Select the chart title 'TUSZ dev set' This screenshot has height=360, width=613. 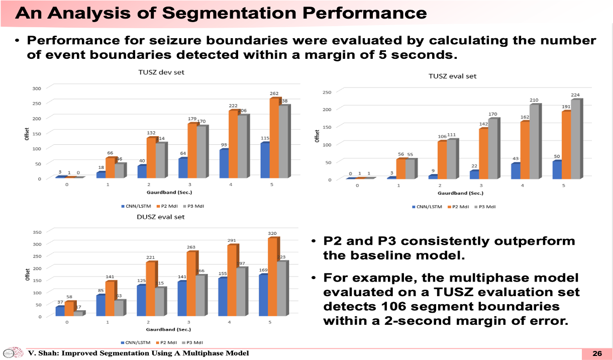click(x=161, y=72)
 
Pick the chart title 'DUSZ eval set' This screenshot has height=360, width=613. click(x=161, y=217)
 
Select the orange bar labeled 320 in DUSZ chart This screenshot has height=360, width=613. click(x=273, y=277)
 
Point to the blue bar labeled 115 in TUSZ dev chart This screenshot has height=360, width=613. click(x=264, y=160)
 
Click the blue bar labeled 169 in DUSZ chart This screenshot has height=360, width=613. click(x=262, y=296)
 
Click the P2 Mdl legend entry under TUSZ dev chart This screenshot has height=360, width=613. click(x=166, y=206)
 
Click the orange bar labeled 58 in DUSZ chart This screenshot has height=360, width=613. click(x=69, y=309)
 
